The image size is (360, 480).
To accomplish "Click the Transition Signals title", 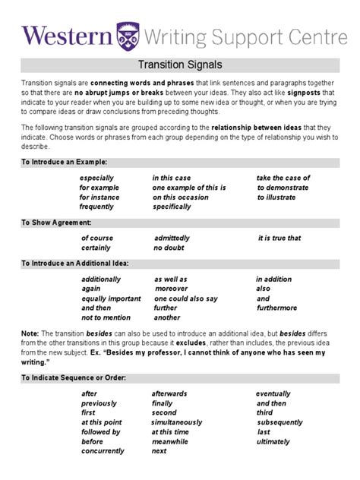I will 179,65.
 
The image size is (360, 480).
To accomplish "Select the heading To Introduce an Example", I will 64,162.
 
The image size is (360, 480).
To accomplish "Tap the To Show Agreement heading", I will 56,223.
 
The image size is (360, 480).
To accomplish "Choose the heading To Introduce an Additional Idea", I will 74,263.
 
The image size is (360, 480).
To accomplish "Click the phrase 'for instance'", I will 99,197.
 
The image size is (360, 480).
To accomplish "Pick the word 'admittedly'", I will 172,238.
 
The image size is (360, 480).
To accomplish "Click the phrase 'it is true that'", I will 279,238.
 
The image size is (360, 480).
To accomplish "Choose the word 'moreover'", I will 172,289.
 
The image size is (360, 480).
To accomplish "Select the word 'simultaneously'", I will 177,422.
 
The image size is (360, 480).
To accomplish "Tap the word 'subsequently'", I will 280,422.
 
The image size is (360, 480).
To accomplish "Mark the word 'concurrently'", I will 103,451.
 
